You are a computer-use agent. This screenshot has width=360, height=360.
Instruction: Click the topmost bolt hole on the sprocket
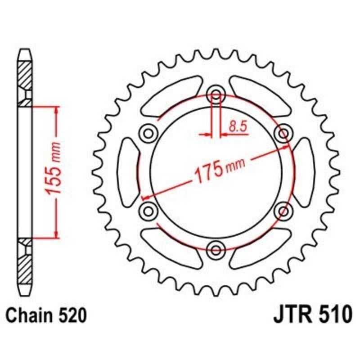(216, 95)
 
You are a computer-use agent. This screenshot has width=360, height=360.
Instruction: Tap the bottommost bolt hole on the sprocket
(216, 249)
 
